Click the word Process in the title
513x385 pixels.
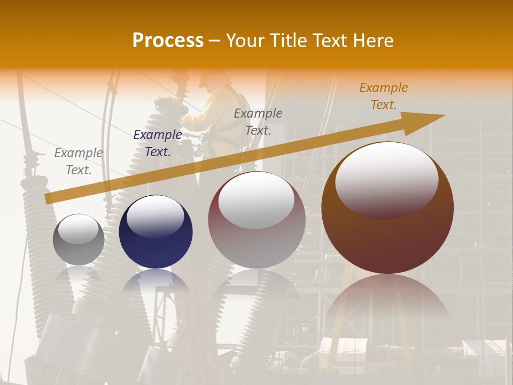[168, 41]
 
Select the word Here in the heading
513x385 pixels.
[374, 41]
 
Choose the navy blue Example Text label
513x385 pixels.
[157, 143]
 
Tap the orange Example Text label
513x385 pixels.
[383, 96]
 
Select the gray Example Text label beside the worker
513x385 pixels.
[258, 121]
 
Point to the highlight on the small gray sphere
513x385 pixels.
[78, 229]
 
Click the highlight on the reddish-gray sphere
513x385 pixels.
[256, 201]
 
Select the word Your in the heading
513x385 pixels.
[244, 41]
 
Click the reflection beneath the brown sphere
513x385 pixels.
[387, 299]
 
